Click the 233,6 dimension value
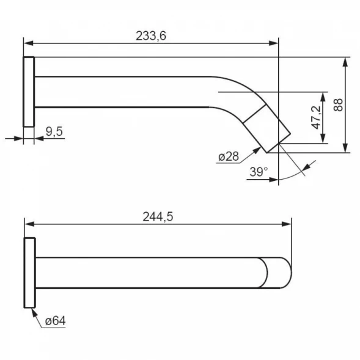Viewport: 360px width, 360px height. click(x=151, y=36)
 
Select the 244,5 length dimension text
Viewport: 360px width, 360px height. click(x=158, y=216)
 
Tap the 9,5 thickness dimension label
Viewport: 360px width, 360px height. click(x=54, y=131)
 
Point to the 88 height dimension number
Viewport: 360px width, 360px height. click(x=338, y=105)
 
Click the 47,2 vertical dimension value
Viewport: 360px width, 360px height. click(x=317, y=117)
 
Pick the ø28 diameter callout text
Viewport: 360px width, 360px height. click(x=229, y=156)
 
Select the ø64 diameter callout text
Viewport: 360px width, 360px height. click(x=56, y=321)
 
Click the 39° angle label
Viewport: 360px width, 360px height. click(x=259, y=172)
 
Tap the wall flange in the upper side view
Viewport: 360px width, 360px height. click(x=29, y=92)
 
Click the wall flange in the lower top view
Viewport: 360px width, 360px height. click(x=30, y=273)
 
